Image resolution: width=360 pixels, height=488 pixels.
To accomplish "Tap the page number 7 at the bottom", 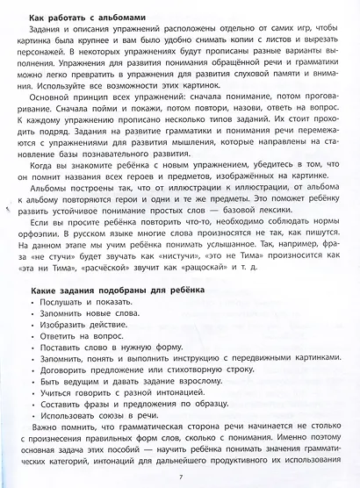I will click(x=179, y=476).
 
